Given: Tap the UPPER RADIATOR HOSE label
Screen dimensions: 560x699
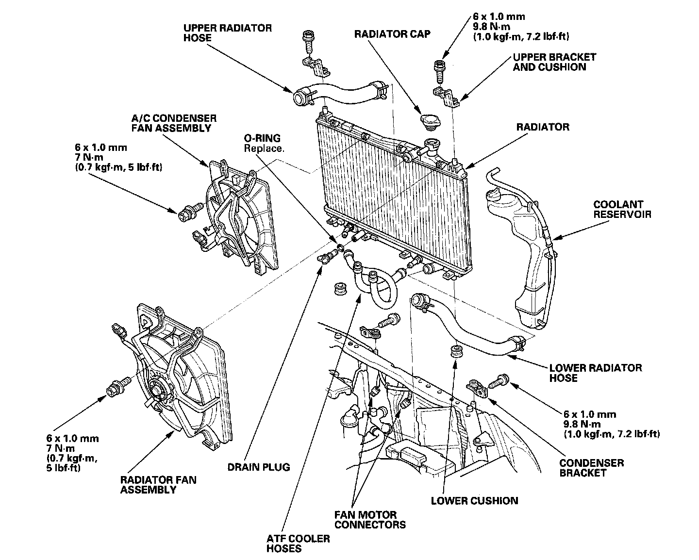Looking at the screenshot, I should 227,33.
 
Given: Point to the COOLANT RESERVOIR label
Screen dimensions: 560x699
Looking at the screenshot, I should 622,209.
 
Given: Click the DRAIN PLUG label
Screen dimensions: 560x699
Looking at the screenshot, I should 258,467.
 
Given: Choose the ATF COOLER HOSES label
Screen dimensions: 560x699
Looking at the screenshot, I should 298,544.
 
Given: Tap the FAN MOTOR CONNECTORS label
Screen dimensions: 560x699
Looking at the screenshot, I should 370,519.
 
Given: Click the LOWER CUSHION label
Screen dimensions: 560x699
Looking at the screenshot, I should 474,500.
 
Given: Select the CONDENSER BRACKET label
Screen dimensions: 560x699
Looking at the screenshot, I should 591,467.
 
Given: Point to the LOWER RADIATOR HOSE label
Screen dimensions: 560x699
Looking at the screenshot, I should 595,373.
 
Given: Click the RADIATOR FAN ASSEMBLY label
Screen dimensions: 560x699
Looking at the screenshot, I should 158,485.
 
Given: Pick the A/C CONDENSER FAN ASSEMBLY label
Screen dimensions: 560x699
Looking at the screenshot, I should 173,123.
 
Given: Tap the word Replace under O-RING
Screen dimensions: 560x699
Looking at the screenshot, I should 264,148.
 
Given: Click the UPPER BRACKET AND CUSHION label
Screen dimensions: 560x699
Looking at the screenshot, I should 554,62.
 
